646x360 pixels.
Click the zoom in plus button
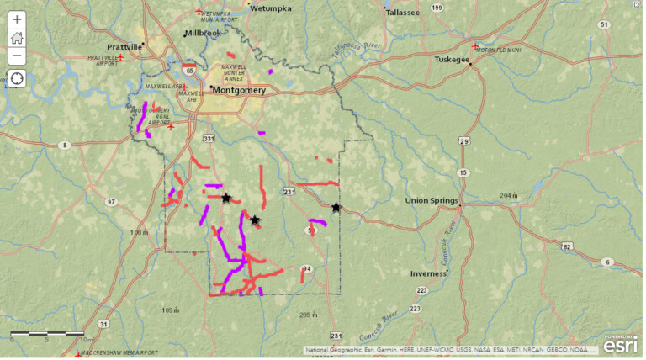pyautogui.click(x=17, y=18)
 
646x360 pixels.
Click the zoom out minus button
pyautogui.click(x=17, y=56)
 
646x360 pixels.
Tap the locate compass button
pyautogui.click(x=17, y=79)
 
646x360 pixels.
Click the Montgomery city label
pyautogui.click(x=240, y=90)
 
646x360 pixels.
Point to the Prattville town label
pyautogui.click(x=124, y=47)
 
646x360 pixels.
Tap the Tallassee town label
pyautogui.click(x=401, y=13)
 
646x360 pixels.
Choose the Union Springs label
pyautogui.click(x=432, y=201)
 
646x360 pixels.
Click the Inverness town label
pyautogui.click(x=428, y=273)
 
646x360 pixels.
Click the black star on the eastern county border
pyautogui.click(x=336, y=207)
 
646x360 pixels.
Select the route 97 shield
pyautogui.click(x=112, y=202)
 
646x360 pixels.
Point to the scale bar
pyautogui.click(x=46, y=334)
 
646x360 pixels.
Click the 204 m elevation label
pyautogui.click(x=508, y=196)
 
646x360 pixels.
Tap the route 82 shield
pyautogui.click(x=567, y=246)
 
